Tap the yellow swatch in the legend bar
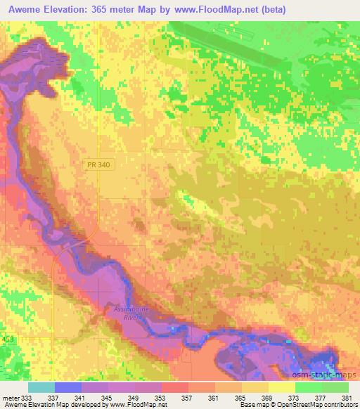pyautogui.click(x=281, y=387)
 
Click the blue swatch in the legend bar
pyautogui.click(x=68, y=387)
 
